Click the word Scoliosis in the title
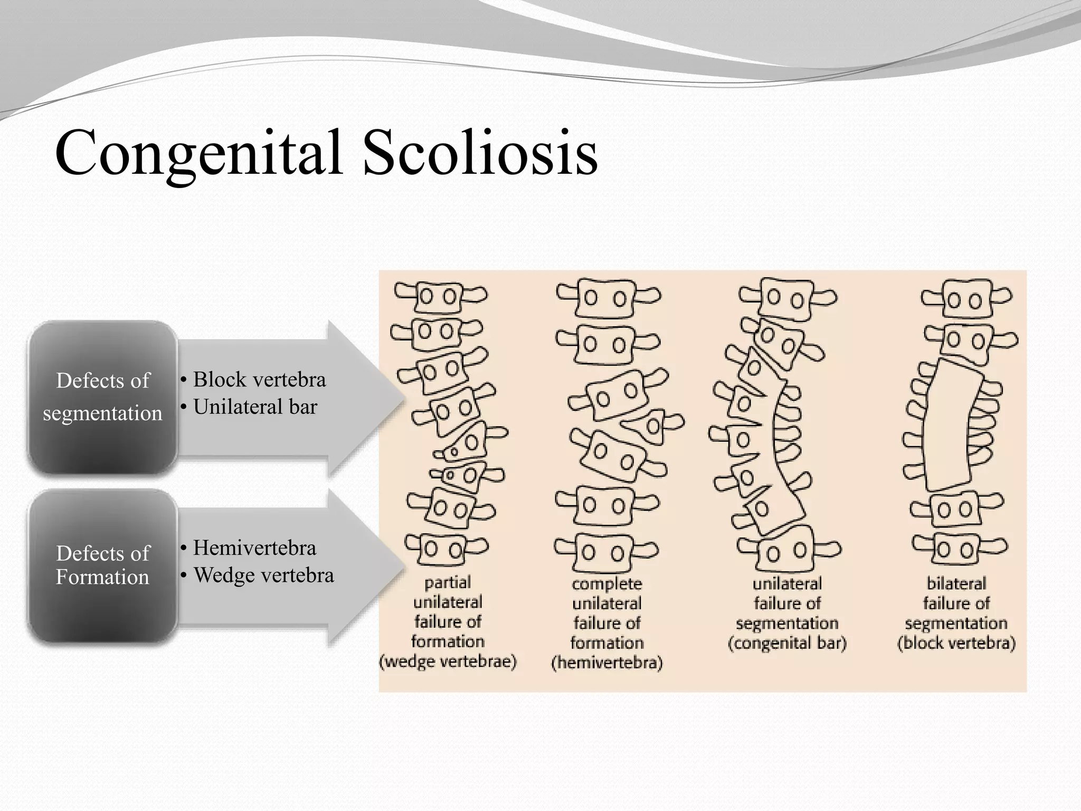pyautogui.click(x=480, y=153)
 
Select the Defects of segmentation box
pyautogui.click(x=103, y=397)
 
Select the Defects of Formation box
pyautogui.click(x=103, y=565)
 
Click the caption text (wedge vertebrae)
pyautogui.click(x=448, y=662)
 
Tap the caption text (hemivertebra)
pyautogui.click(x=607, y=663)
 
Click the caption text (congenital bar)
pyautogui.click(x=787, y=644)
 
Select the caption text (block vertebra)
pyautogui.click(x=956, y=644)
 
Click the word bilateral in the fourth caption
pyautogui.click(x=956, y=583)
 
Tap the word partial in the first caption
pyautogui.click(x=448, y=582)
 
